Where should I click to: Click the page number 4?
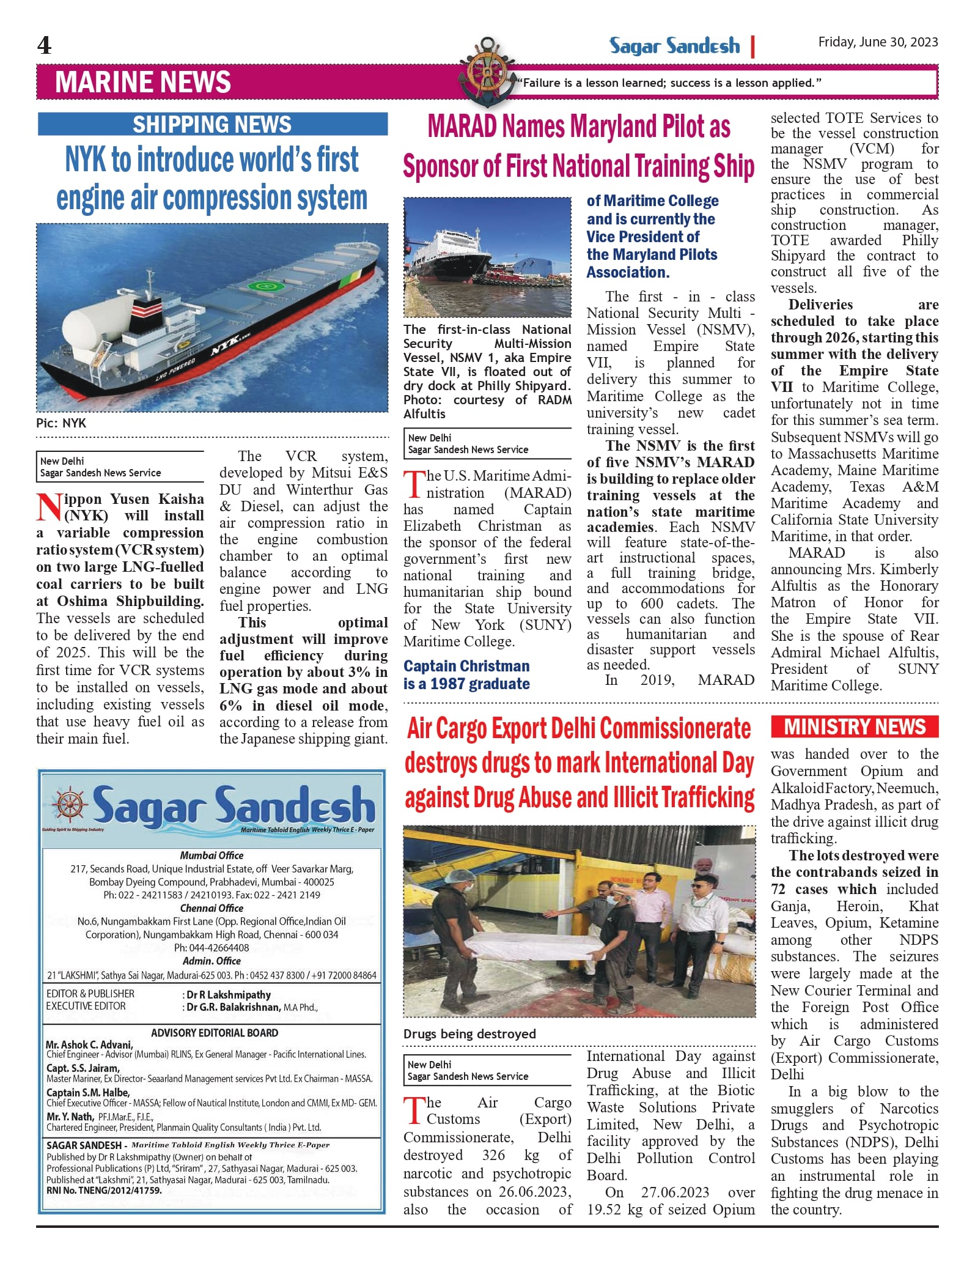pyautogui.click(x=45, y=46)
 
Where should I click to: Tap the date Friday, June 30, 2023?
pyautogui.click(x=878, y=42)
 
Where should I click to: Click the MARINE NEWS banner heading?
pyautogui.click(x=143, y=82)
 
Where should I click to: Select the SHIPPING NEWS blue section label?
pyautogui.click(x=212, y=124)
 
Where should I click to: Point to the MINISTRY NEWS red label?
pyautogui.click(x=854, y=726)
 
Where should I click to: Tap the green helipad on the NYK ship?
pyautogui.click(x=264, y=286)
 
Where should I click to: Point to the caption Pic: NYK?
pyautogui.click(x=61, y=423)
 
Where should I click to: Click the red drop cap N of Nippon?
pyautogui.click(x=49, y=506)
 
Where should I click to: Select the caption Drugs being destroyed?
pyautogui.click(x=469, y=1033)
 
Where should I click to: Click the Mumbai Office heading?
pyautogui.click(x=212, y=855)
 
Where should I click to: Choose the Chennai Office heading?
pyautogui.click(x=212, y=908)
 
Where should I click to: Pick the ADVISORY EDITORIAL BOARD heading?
pyautogui.click(x=215, y=1032)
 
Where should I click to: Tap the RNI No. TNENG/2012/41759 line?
pyautogui.click(x=105, y=1191)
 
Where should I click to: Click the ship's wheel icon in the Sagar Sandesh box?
pyautogui.click(x=68, y=804)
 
